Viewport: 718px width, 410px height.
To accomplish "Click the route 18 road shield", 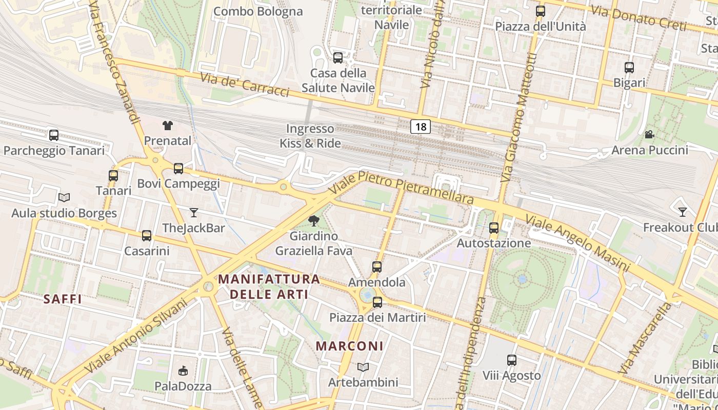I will (x=420, y=127).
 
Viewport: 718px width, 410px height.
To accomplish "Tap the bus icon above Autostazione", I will (x=494, y=228).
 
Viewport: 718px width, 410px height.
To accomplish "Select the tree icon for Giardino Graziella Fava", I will (x=313, y=221).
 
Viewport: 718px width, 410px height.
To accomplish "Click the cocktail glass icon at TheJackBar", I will (x=194, y=212).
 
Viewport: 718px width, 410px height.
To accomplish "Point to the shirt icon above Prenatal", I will (x=168, y=125).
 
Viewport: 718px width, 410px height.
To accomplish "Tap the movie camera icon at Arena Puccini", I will (x=649, y=135).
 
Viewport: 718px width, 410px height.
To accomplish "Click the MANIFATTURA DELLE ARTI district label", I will (x=269, y=286).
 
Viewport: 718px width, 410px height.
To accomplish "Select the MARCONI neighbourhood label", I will (x=349, y=346).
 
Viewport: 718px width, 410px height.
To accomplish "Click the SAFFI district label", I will (x=63, y=299).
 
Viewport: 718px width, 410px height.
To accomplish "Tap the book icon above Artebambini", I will (x=363, y=367).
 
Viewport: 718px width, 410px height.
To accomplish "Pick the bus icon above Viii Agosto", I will (x=511, y=360).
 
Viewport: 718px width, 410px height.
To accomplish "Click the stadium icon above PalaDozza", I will (x=183, y=371).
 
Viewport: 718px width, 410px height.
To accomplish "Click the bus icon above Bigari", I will (x=629, y=67).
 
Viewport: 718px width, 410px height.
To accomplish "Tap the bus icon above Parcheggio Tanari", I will (x=54, y=135).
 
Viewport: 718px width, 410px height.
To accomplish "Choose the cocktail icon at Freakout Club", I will (x=683, y=212).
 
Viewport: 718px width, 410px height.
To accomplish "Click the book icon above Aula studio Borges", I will (x=64, y=197).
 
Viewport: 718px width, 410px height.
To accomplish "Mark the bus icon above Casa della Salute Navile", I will (x=338, y=57).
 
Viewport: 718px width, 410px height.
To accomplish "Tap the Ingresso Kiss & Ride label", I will (x=310, y=136).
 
